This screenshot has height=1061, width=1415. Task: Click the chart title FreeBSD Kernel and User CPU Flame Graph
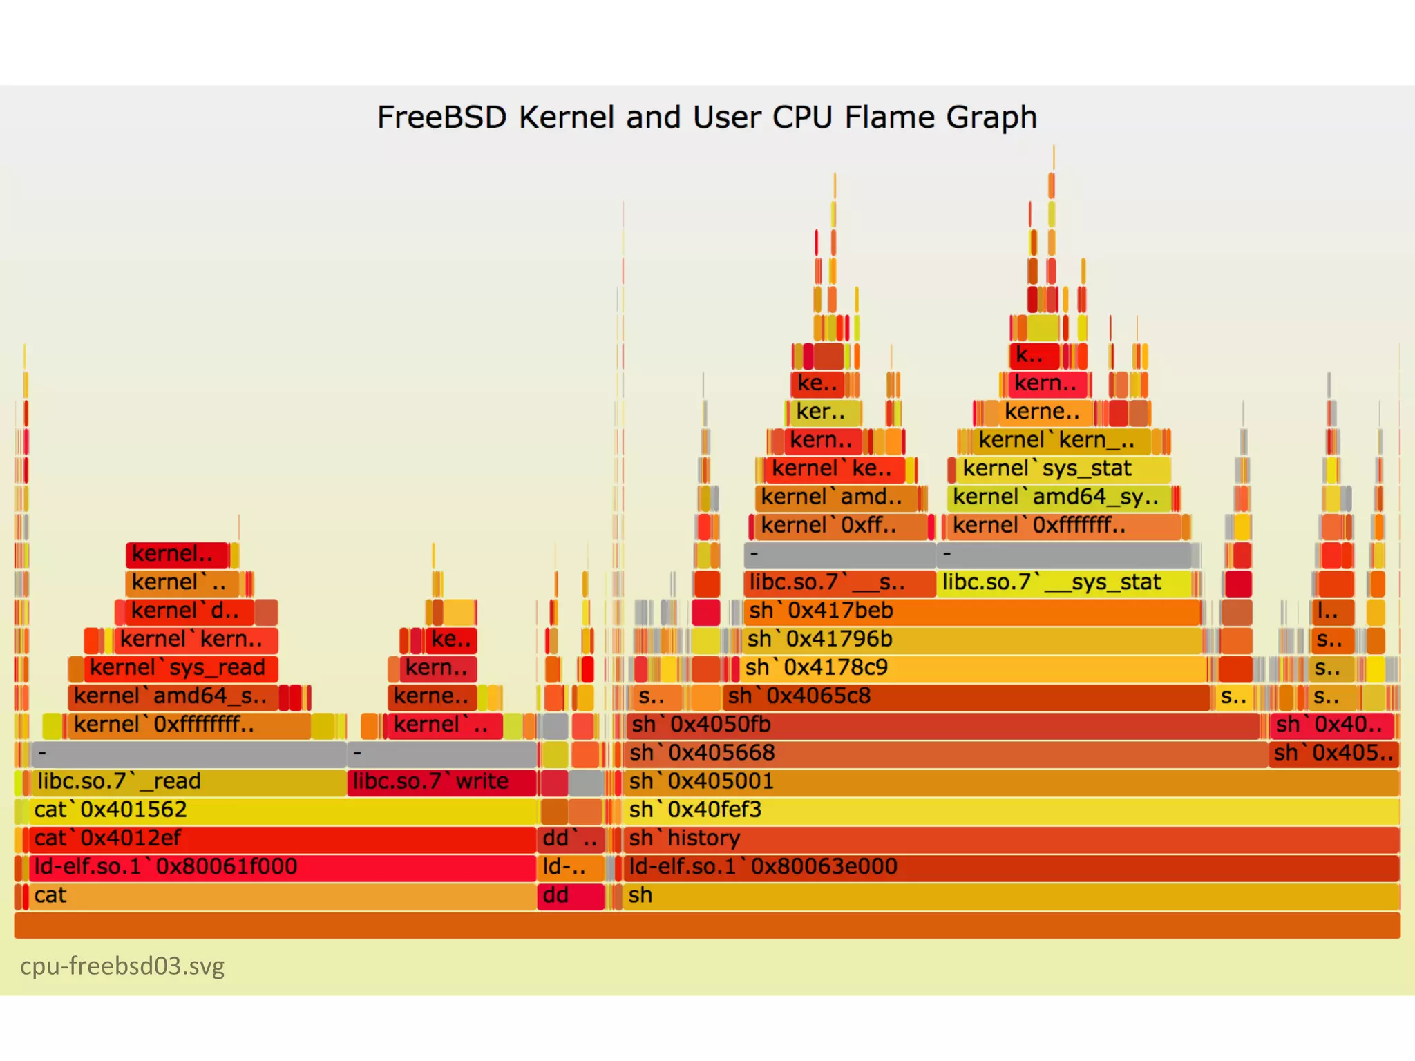coord(707,117)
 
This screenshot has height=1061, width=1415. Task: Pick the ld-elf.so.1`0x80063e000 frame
coord(1009,867)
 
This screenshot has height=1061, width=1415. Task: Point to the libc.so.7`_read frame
coord(187,782)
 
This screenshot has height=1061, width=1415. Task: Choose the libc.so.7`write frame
coord(442,782)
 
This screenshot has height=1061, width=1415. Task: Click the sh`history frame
coord(1009,839)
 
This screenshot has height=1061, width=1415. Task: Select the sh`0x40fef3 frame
coord(1009,810)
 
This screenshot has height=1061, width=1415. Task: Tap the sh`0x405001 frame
coord(1009,782)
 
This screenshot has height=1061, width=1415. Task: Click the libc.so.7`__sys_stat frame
coord(1064,583)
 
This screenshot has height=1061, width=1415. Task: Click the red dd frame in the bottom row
coord(571,896)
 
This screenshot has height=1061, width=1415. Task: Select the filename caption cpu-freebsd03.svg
coord(122,966)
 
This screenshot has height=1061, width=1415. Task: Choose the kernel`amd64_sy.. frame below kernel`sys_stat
coord(1057,497)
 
